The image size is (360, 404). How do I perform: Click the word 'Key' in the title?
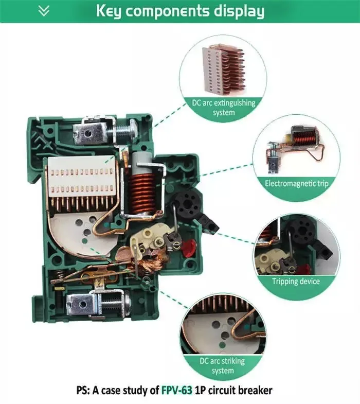tap(110, 11)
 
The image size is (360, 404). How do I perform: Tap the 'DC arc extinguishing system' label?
tap(223, 107)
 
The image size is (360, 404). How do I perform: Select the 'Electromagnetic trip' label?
tap(296, 183)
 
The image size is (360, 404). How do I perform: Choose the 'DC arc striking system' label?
tap(223, 365)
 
